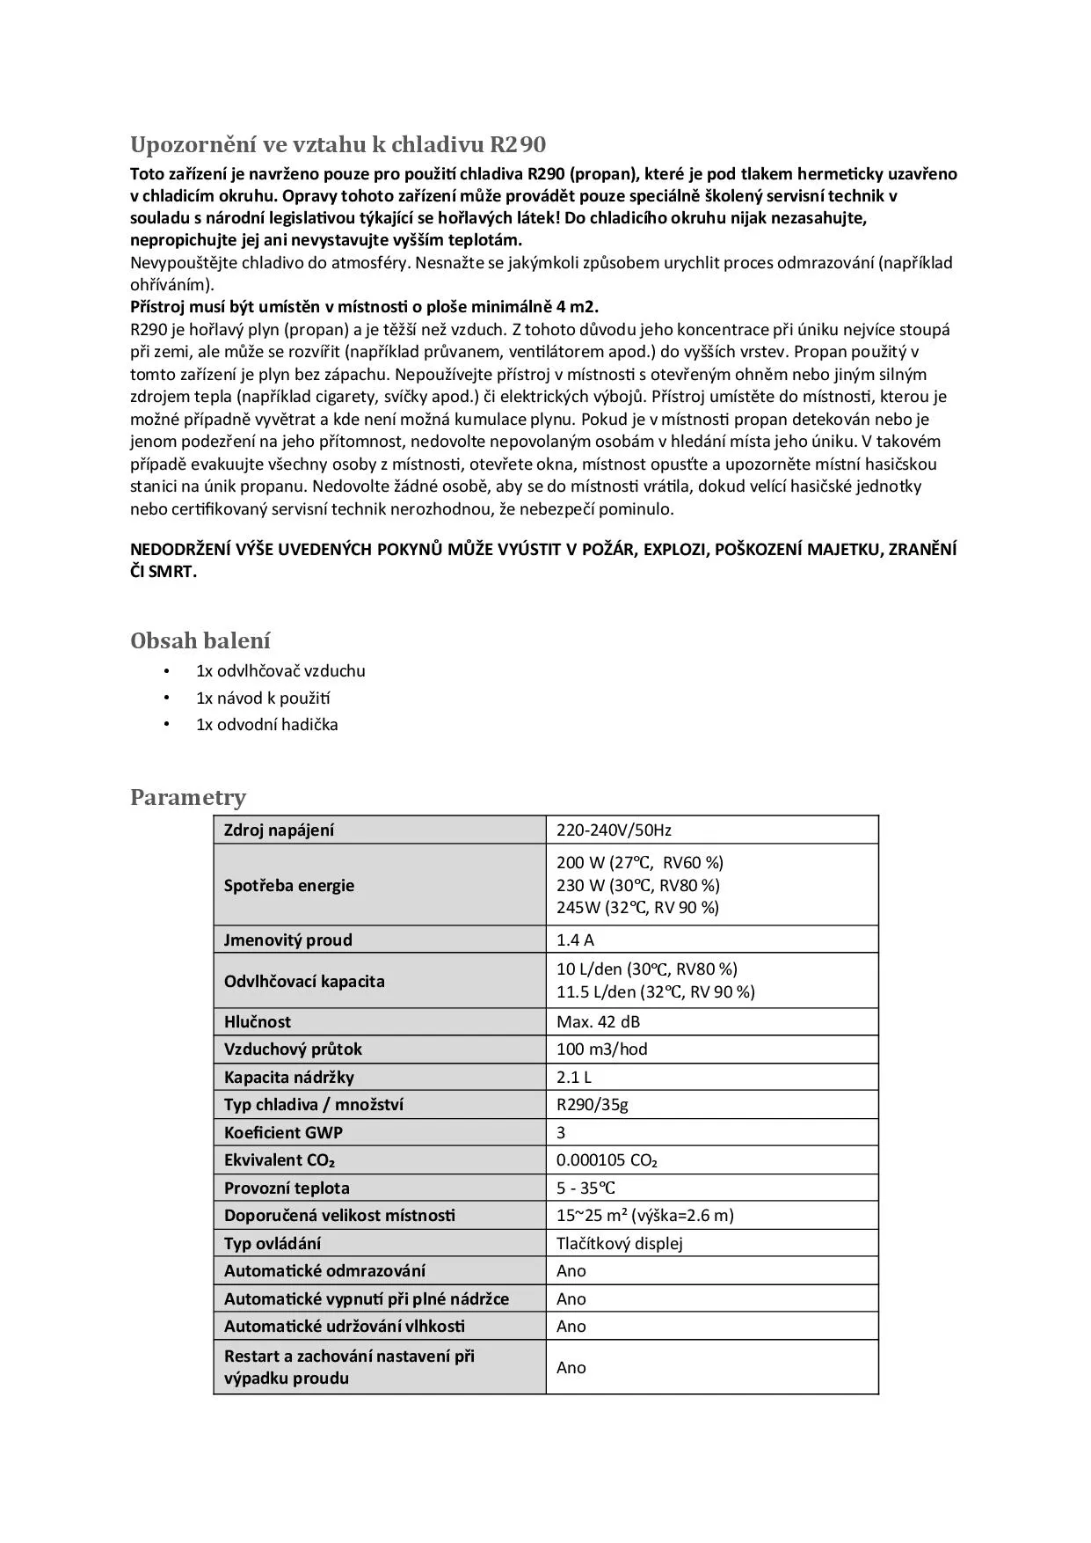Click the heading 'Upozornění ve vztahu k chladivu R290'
pos(338,144)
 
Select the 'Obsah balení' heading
pos(200,640)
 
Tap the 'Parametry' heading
pos(188,797)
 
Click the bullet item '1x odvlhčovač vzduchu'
pos(280,671)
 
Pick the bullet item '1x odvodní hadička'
pos(266,725)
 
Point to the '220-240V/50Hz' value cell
pos(614,830)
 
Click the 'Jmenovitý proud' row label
pos(287,940)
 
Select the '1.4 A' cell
pos(575,940)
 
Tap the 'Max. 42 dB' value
pos(598,1021)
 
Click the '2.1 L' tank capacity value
pos(574,1077)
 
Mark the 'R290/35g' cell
pos(592,1104)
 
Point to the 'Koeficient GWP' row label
pos(283,1132)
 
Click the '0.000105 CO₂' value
pos(607,1160)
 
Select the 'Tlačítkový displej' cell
pos(619,1243)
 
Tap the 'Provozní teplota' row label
pos(287,1188)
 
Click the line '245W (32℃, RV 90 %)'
pos(637,908)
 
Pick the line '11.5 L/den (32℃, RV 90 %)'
pos(655,992)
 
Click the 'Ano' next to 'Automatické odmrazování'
pos(571,1270)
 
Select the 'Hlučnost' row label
pos(257,1021)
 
